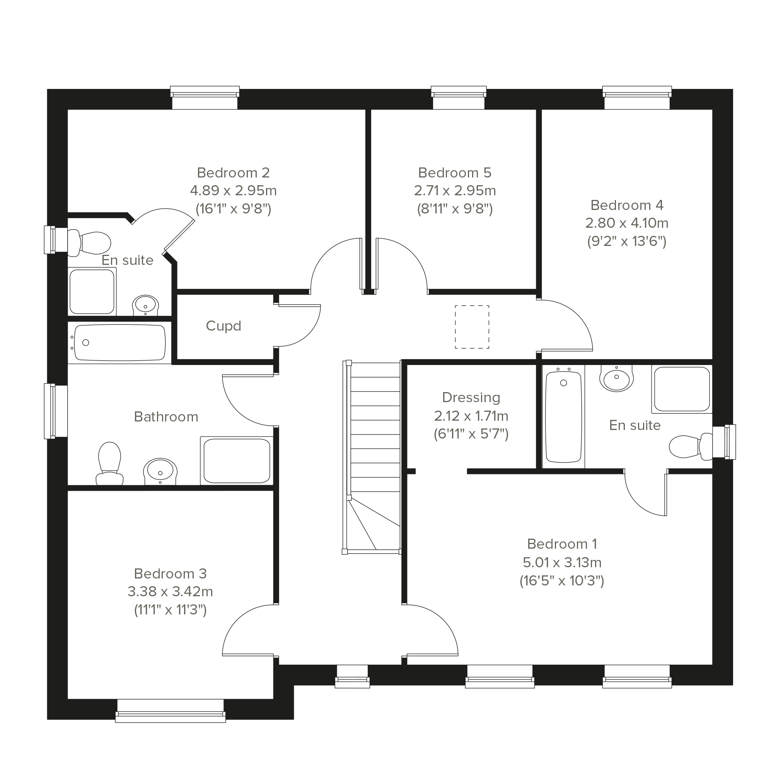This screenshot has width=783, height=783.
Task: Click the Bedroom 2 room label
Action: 233,173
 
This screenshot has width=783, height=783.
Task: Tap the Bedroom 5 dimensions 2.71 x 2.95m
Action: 455,191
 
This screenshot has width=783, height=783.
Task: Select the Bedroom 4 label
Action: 626,205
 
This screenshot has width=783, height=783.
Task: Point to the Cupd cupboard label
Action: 223,326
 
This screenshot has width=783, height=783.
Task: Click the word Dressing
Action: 471,397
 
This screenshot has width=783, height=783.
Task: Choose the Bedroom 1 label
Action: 562,544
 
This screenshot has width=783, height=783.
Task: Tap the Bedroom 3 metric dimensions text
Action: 170,592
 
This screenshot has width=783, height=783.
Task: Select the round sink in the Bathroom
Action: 160,471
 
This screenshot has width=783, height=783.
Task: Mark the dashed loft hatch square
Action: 472,327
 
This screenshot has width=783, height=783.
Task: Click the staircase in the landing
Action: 372,457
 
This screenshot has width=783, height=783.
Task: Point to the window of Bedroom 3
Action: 170,711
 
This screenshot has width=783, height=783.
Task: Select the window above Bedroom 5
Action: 458,98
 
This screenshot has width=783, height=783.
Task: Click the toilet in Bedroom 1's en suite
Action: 691,446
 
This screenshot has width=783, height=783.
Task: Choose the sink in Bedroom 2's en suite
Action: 145,305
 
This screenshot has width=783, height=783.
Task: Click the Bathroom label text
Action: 166,416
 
